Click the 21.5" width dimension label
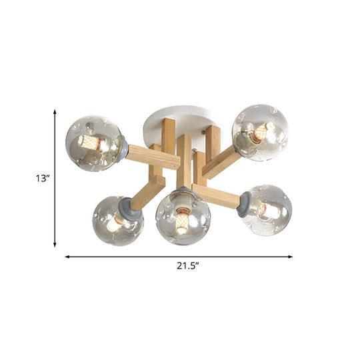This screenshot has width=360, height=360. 189,267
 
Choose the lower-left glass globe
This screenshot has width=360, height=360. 118,220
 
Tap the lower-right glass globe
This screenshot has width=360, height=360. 265,210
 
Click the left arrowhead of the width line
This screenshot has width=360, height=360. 67,256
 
